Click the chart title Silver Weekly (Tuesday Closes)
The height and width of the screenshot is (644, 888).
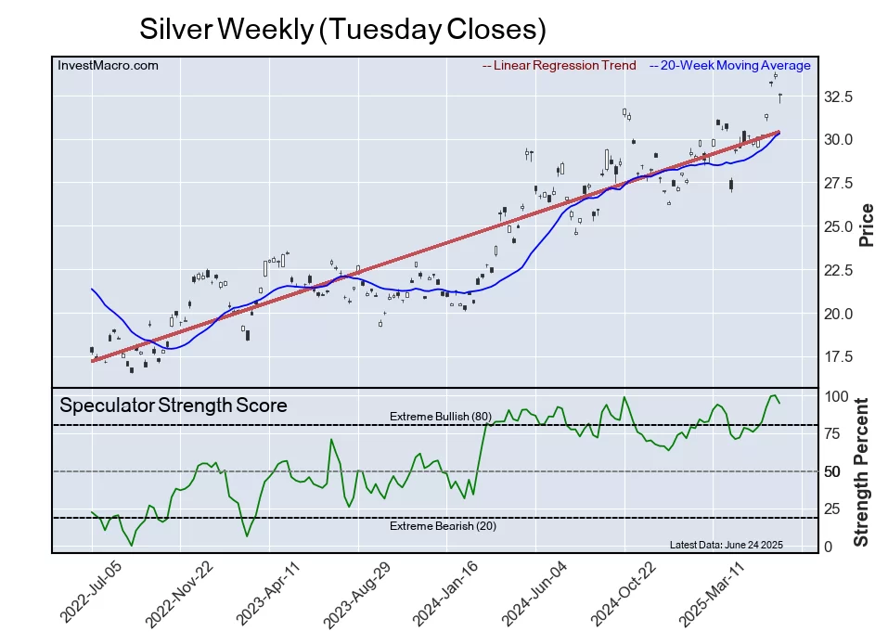(x=342, y=29)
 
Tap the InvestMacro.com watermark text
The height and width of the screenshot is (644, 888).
(x=108, y=65)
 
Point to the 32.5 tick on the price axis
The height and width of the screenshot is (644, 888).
(x=839, y=97)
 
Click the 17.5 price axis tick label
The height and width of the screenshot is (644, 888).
(x=839, y=357)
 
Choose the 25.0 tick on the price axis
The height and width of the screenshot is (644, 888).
(x=839, y=226)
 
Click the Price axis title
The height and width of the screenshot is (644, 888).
(x=867, y=225)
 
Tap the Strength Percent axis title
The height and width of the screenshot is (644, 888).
(x=862, y=471)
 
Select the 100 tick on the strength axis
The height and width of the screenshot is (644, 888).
(x=837, y=396)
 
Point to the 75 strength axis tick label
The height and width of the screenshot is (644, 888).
(x=833, y=433)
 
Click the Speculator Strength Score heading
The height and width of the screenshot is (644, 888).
(x=173, y=405)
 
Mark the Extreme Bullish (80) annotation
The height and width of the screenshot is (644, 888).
(x=440, y=416)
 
